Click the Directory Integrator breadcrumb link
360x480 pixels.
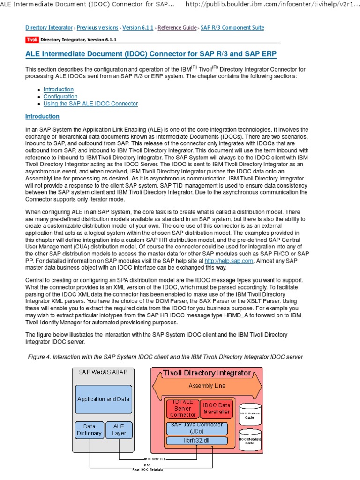(49, 28)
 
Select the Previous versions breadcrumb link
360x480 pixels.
(97, 28)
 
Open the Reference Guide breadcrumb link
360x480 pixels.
(177, 28)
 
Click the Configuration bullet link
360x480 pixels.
(60, 97)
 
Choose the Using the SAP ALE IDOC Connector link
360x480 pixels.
(90, 104)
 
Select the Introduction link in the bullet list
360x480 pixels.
(59, 90)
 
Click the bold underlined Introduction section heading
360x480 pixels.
(42, 116)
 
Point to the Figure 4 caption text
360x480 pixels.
(165, 357)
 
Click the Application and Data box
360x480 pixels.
(103, 399)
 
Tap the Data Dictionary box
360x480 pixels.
(89, 430)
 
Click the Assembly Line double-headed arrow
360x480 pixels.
(207, 386)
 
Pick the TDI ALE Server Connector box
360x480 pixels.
(183, 408)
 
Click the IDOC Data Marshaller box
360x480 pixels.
(216, 408)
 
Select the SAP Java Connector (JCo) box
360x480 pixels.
(197, 428)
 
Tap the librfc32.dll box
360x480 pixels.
(197, 441)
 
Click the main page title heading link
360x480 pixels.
(150, 54)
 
